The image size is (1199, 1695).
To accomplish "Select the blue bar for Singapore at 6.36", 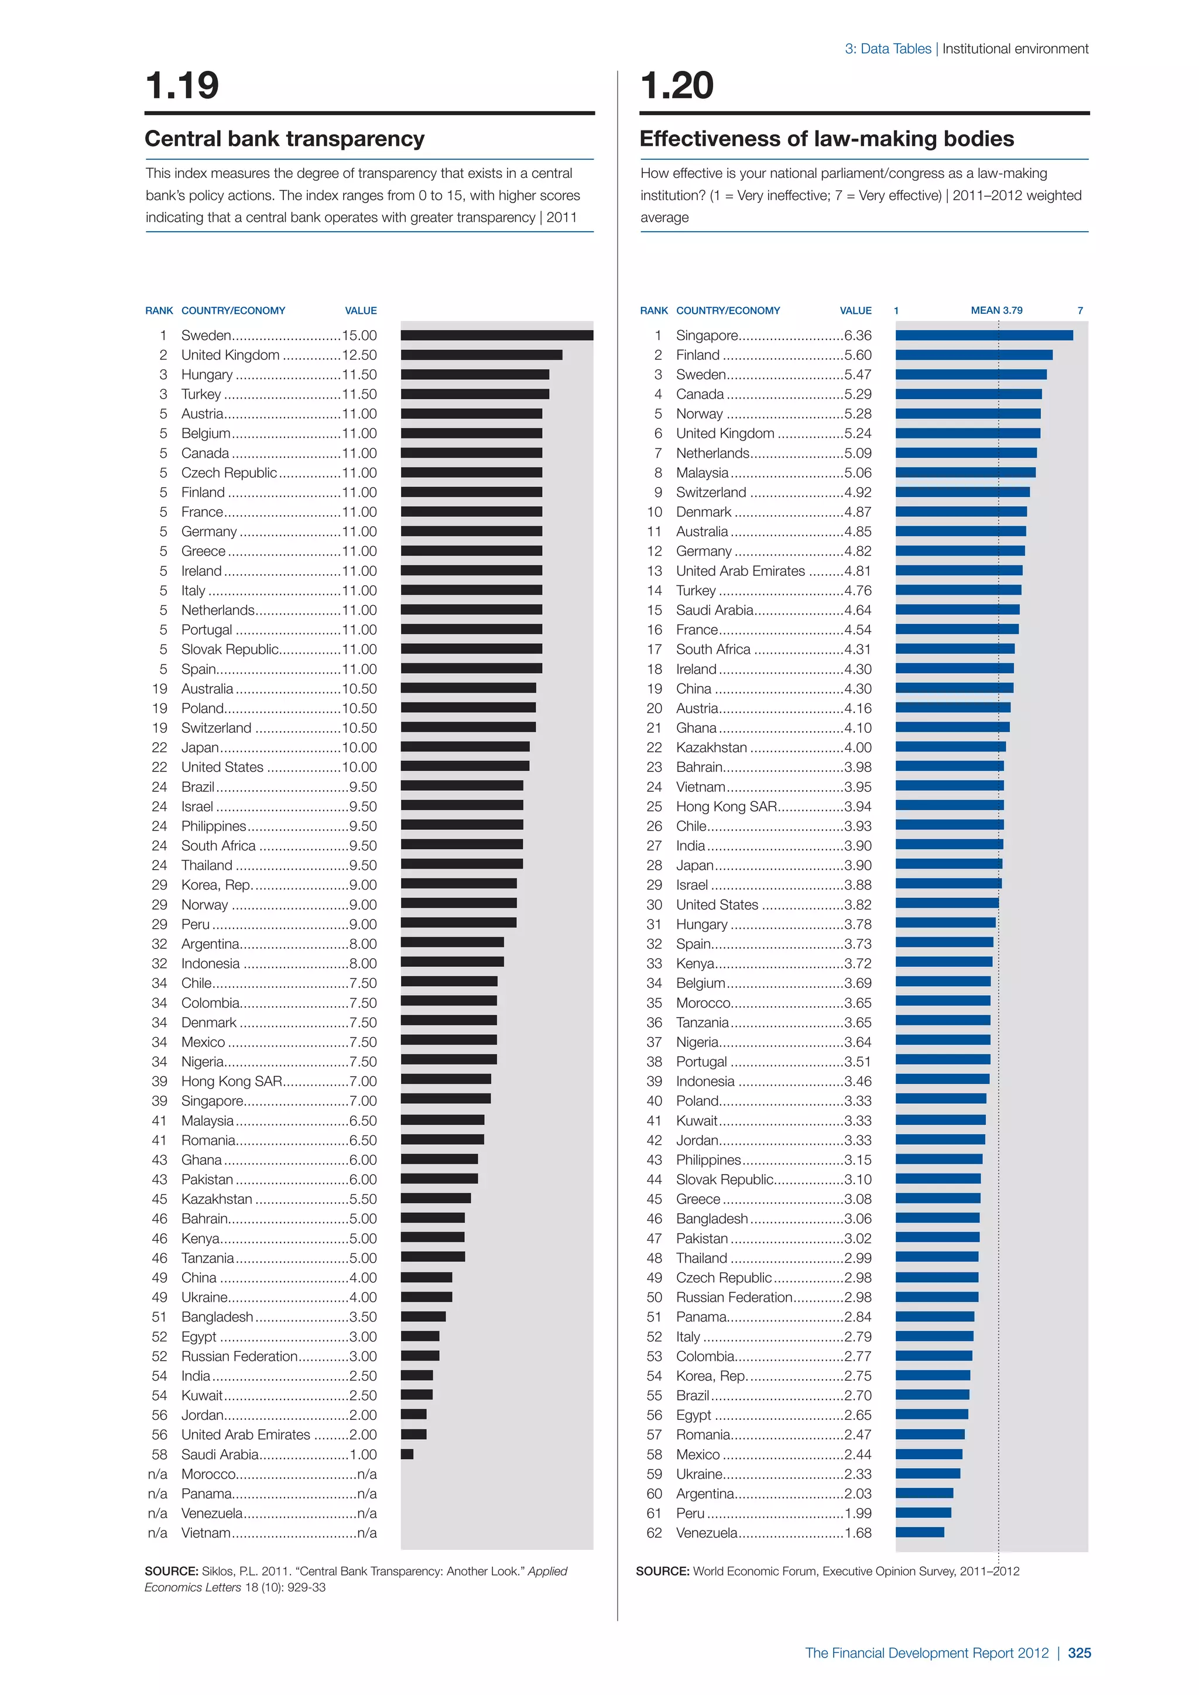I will point(984,335).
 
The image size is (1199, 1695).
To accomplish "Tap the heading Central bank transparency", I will point(285,139).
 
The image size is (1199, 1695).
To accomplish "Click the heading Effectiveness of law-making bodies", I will point(826,139).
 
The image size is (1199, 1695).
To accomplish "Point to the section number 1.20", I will point(677,85).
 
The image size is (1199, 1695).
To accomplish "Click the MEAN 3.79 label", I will point(996,311).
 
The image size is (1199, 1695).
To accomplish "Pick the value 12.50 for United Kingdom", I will point(359,355).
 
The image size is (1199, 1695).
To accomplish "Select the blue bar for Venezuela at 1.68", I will point(919,1533).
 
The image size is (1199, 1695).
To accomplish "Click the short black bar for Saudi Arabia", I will point(407,1454).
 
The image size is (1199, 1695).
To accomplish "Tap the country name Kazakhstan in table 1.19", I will point(216,1199).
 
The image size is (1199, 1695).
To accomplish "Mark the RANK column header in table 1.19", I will point(159,311).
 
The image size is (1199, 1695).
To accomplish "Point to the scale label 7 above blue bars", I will point(1080,311).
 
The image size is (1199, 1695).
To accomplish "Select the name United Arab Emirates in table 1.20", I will point(740,571).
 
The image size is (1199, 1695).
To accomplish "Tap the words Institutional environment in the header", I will point(1015,49).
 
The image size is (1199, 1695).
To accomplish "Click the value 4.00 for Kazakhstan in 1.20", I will point(857,747).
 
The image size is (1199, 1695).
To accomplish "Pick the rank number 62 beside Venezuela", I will point(654,1533).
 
